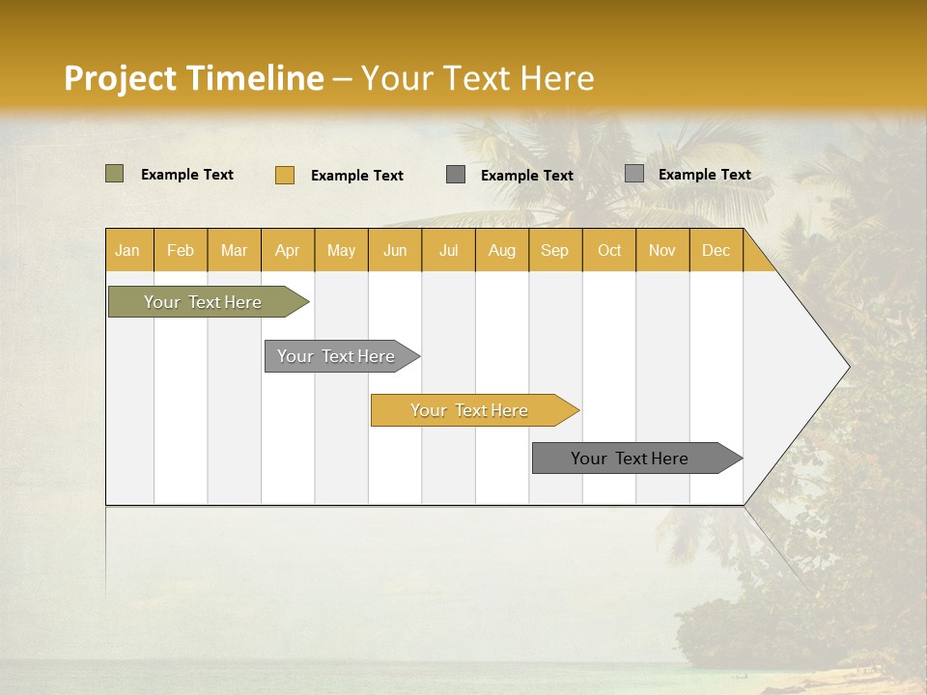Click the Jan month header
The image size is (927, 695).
[x=127, y=250]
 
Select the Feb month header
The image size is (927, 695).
[x=181, y=250]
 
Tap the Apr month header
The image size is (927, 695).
[x=287, y=250]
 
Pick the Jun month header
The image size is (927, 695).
[x=395, y=250]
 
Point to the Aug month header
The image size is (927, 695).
[x=501, y=250]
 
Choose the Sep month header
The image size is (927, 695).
[x=554, y=250]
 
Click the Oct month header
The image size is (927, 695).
[x=609, y=250]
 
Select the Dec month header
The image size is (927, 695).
[x=716, y=250]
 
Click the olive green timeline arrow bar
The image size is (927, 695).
[x=203, y=302]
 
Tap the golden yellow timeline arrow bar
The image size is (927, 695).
[x=470, y=410]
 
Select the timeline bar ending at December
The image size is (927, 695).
[x=630, y=459]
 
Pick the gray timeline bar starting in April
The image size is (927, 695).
[x=336, y=356]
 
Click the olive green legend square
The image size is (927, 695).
[x=114, y=174]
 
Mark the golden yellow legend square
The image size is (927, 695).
[x=284, y=175]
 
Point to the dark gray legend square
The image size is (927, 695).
[x=456, y=174]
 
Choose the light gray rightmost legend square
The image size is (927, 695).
[x=633, y=173]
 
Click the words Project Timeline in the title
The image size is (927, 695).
[x=193, y=78]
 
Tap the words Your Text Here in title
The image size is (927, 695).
[x=477, y=78]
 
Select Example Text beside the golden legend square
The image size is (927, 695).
[x=356, y=176]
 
